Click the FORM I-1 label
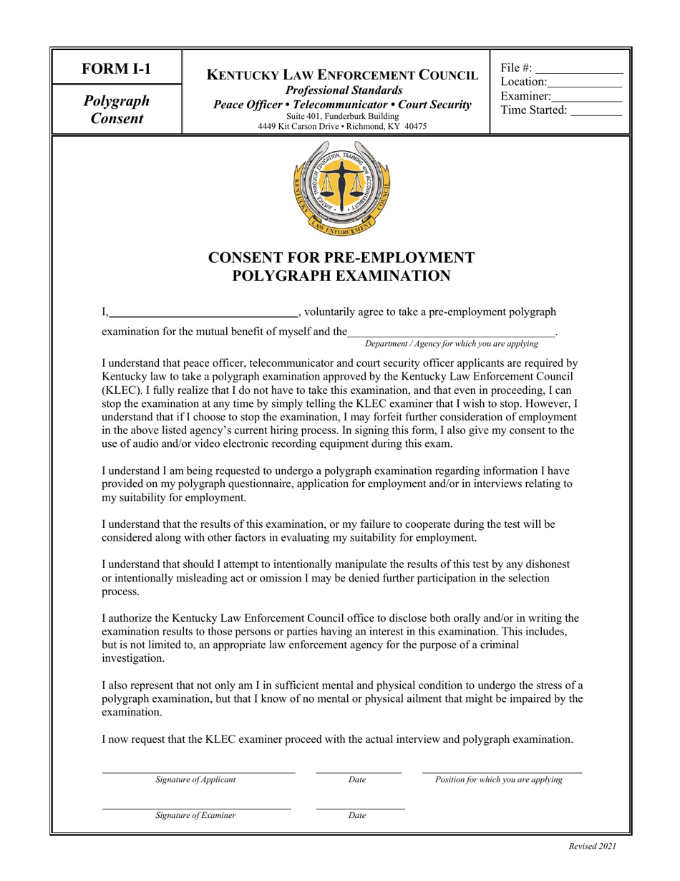coord(117,69)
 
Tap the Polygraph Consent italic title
coord(117,109)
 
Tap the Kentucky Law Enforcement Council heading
coord(342,74)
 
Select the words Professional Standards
coord(342,90)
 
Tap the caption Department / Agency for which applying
coord(451,344)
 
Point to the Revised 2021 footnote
coord(592,846)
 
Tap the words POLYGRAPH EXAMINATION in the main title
coord(341,276)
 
